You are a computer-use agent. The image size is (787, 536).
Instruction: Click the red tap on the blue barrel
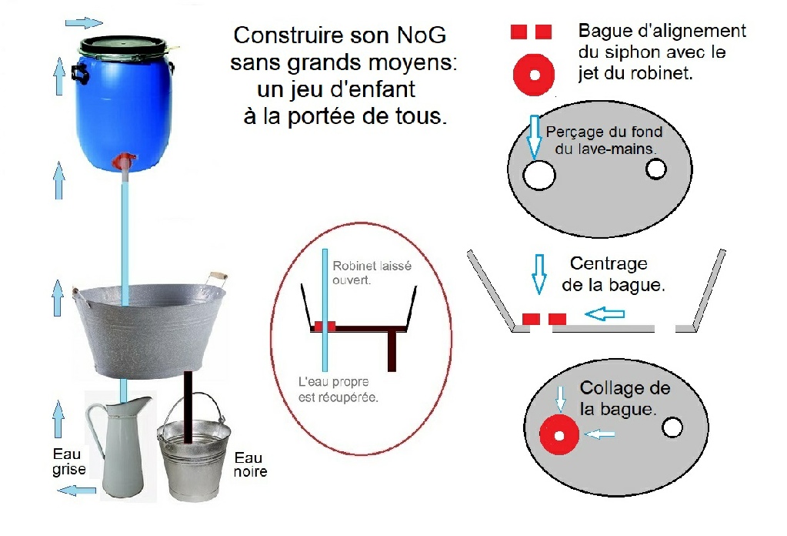[x=124, y=162]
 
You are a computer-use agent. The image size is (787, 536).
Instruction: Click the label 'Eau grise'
[x=68, y=461]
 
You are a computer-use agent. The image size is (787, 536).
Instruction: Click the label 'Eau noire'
[x=250, y=464]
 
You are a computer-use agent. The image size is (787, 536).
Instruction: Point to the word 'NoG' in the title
[x=421, y=35]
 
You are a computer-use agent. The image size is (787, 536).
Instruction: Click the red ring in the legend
[x=534, y=75]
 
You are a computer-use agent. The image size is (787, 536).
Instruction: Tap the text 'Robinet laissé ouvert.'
[x=372, y=273]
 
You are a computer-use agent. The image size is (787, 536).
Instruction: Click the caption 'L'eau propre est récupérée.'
[x=338, y=390]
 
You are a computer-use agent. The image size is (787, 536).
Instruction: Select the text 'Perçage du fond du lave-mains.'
[x=605, y=140]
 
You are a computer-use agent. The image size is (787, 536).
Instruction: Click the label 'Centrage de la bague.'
[x=613, y=274]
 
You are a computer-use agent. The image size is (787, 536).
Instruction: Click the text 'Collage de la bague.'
[x=625, y=398]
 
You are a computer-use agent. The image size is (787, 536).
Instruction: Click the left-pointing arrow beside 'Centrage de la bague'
[x=605, y=314]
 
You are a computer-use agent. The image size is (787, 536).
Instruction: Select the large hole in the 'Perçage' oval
[x=539, y=176]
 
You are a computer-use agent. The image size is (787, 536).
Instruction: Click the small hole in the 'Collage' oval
[x=672, y=428]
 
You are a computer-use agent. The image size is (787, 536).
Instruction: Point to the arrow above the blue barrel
[x=84, y=22]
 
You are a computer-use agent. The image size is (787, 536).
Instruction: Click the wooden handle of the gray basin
[x=218, y=276]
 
